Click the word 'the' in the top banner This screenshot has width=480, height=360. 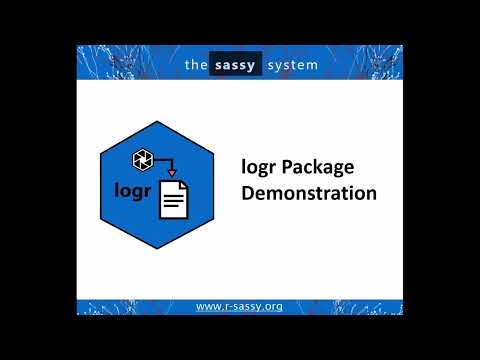pyautogui.click(x=195, y=65)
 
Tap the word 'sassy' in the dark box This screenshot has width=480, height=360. pyautogui.click(x=237, y=65)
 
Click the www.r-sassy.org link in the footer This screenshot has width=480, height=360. pyautogui.click(x=239, y=305)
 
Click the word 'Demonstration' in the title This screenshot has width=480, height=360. pyautogui.click(x=309, y=192)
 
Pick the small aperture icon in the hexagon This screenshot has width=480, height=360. pyautogui.click(x=141, y=157)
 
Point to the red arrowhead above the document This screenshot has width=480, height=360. pyautogui.click(x=171, y=172)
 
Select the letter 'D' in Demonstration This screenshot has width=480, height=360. pyautogui.click(x=248, y=192)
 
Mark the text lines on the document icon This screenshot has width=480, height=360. pyautogui.click(x=173, y=203)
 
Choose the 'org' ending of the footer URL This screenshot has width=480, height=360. pyautogui.click(x=271, y=305)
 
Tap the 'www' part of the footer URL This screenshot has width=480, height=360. pyautogui.click(x=207, y=305)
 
